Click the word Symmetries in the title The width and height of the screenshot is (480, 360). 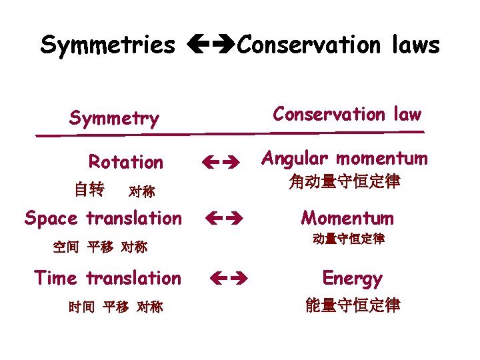(x=107, y=45)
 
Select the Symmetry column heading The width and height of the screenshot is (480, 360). (x=114, y=119)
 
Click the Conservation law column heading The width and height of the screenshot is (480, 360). (x=347, y=115)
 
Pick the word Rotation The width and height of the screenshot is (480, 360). (x=126, y=162)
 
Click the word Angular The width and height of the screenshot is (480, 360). (x=295, y=159)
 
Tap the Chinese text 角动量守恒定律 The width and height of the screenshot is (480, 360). (x=345, y=181)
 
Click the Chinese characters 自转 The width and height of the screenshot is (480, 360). (x=89, y=190)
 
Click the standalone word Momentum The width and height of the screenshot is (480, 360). (x=347, y=218)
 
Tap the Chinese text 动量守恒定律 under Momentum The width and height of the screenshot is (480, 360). (x=348, y=239)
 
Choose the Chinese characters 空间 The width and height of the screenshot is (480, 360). (x=65, y=247)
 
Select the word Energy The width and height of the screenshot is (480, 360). (x=352, y=278)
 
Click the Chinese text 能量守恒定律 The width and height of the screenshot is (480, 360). (x=353, y=305)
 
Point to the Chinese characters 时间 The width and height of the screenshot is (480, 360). (x=81, y=307)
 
